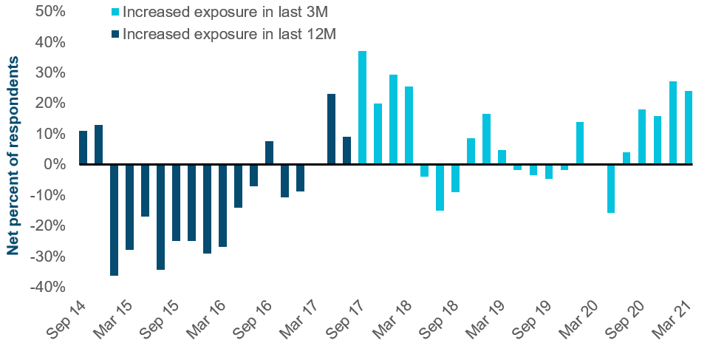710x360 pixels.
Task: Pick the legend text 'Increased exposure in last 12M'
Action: click(229, 33)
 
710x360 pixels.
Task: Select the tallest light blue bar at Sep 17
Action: click(362, 107)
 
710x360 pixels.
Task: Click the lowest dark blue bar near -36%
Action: click(115, 220)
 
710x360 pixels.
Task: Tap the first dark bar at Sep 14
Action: click(83, 147)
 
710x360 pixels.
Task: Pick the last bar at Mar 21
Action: click(689, 127)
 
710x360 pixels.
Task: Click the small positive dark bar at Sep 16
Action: click(270, 152)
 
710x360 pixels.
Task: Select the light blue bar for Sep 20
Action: click(642, 136)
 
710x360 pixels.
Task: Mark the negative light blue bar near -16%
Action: click(611, 189)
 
